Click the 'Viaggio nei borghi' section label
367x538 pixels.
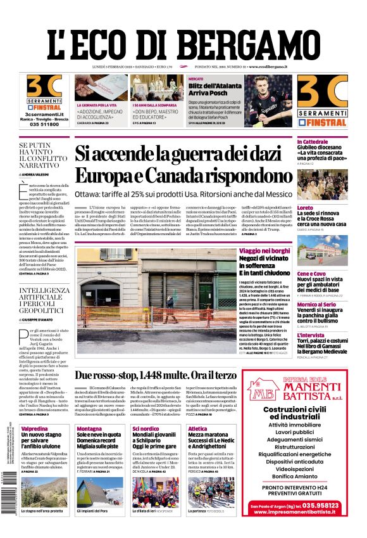tap(263, 252)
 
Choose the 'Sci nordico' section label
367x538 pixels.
tap(146, 428)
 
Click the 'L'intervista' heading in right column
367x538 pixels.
tap(311, 335)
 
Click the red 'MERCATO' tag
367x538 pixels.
tap(178, 79)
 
